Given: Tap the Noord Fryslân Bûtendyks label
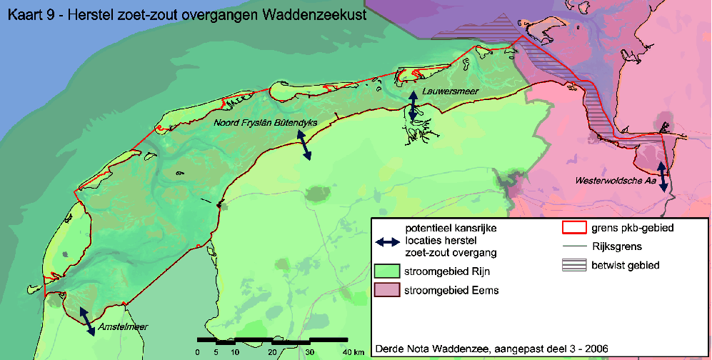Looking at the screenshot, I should pyautogui.click(x=265, y=122).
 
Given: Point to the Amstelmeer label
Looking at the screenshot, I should pyautogui.click(x=124, y=327).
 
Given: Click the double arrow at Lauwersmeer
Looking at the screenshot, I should pyautogui.click(x=413, y=105).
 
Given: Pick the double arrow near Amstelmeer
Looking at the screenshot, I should pyautogui.click(x=86, y=320).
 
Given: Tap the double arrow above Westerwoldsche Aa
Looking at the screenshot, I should pyautogui.click(x=663, y=176).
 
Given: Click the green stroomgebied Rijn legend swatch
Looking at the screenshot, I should pyautogui.click(x=386, y=272).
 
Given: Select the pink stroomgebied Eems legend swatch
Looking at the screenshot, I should pyautogui.click(x=386, y=291).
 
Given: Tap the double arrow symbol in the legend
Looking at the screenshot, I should pyautogui.click(x=386, y=241).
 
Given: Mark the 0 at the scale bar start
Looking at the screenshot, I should pyautogui.click(x=198, y=352).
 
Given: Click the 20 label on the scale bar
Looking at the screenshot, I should pyautogui.click(x=272, y=352).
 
